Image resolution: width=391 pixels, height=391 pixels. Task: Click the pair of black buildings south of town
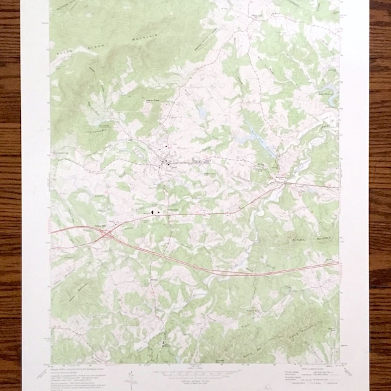[x=155, y=211]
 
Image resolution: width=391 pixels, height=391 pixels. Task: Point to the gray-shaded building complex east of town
[x=201, y=162]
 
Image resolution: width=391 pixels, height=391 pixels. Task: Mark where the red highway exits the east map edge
[x=338, y=263]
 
